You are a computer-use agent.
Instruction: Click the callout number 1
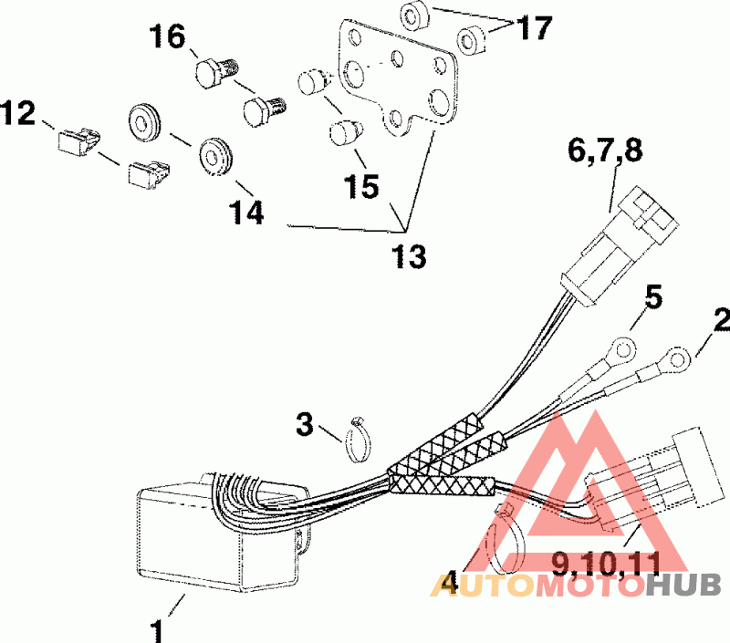click(159, 629)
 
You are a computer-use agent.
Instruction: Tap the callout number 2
click(720, 321)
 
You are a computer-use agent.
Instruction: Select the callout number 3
click(306, 424)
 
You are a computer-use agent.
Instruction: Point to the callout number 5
click(654, 298)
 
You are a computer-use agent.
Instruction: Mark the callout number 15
click(362, 186)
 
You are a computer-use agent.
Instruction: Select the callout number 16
click(168, 37)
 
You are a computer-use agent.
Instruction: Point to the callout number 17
click(535, 28)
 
